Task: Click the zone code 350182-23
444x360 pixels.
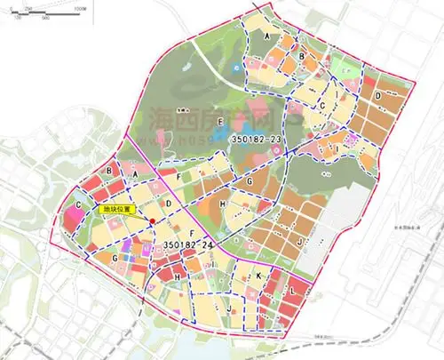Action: (256, 140)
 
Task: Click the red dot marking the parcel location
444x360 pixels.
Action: (153, 221)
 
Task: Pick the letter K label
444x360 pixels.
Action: (258, 277)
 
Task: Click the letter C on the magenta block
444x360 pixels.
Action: (79, 206)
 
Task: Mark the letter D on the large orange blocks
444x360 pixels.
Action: (377, 95)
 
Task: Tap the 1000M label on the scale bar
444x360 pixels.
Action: (80, 6)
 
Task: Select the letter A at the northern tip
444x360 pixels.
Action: (266, 35)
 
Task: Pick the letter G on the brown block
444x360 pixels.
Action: (251, 181)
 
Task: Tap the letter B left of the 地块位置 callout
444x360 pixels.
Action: (108, 170)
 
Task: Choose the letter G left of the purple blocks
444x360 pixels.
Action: (115, 259)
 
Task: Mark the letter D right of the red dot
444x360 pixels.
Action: (167, 182)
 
